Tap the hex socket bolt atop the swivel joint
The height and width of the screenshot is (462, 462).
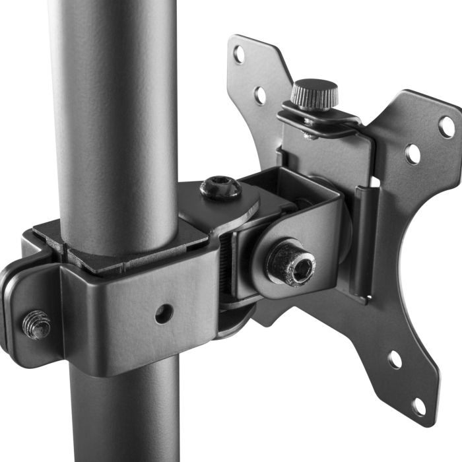click(x=220, y=187)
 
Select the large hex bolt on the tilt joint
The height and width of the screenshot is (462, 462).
click(x=291, y=263)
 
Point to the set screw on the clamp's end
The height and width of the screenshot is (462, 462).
click(x=37, y=324)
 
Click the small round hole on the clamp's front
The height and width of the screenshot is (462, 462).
click(x=164, y=313)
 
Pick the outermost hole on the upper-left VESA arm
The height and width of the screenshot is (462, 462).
click(x=239, y=54)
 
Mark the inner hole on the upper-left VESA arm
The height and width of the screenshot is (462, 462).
click(x=261, y=95)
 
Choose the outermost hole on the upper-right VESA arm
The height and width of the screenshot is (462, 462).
click(x=447, y=125)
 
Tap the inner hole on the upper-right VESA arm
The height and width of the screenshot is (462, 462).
click(x=412, y=154)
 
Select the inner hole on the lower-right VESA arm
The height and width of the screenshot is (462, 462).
click(x=395, y=360)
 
